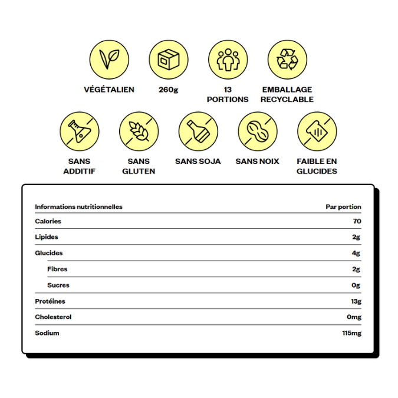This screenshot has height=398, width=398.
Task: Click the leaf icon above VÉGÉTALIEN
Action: tap(109, 60)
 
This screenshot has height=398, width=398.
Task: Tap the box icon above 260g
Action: tap(169, 60)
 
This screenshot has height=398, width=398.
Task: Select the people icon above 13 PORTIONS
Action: tap(228, 60)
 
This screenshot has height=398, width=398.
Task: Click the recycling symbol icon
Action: tap(287, 60)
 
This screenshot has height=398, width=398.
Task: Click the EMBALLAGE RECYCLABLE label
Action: tap(287, 94)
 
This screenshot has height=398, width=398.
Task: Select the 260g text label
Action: tap(169, 90)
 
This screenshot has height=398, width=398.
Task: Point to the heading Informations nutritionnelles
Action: tap(78, 207)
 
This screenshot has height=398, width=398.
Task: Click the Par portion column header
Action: tap(343, 207)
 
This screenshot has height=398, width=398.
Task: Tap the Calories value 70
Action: tap(357, 221)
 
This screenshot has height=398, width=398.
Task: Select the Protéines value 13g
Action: tap(356, 301)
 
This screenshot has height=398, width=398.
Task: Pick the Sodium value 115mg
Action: tap(351, 333)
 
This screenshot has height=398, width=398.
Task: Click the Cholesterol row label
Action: tap(53, 317)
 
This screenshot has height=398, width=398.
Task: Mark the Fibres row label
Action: tap(57, 269)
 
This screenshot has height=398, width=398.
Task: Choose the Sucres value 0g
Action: tap(356, 285)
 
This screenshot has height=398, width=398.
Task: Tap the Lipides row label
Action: tap(47, 237)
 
